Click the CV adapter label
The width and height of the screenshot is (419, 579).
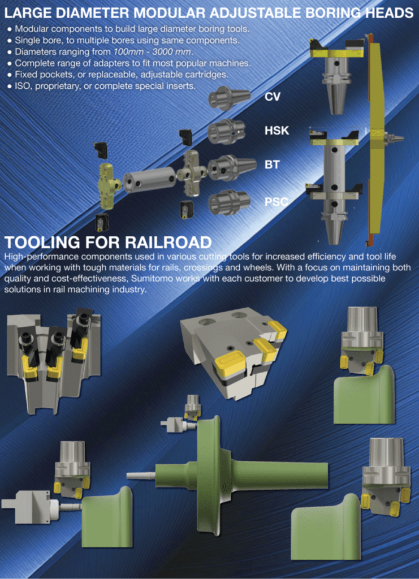click(x=273, y=97)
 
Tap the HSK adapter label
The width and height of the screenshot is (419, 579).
click(x=277, y=131)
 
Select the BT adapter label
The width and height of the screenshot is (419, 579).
click(x=272, y=165)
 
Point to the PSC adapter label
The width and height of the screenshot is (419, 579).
click(x=277, y=201)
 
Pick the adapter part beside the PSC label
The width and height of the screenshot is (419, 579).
click(x=228, y=202)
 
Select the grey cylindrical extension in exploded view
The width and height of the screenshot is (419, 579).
click(x=149, y=179)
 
